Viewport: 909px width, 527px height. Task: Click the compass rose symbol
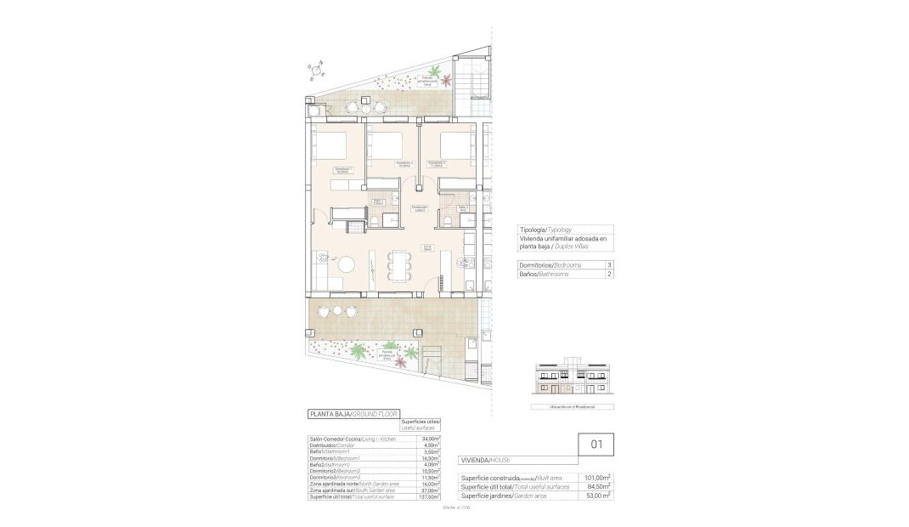point(317,69)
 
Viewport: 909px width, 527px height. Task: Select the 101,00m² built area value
point(598,478)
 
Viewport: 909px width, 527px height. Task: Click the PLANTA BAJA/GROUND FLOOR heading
point(353,414)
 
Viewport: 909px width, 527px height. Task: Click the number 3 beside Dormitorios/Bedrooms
point(608,265)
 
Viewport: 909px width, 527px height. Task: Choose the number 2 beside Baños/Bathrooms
point(608,274)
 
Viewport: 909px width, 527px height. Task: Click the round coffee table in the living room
point(348,264)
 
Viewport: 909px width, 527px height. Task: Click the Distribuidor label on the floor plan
point(419,207)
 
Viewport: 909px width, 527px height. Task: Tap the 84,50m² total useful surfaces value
point(598,486)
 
